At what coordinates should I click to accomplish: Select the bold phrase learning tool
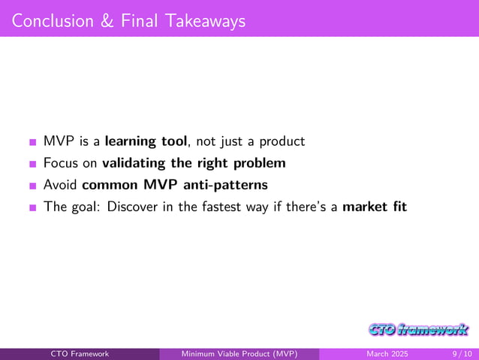(x=146, y=141)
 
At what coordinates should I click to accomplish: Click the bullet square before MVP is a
(x=32, y=142)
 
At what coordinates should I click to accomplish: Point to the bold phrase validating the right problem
(x=194, y=162)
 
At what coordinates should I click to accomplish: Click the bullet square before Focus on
(x=32, y=164)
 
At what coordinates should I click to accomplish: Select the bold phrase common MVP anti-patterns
(x=174, y=184)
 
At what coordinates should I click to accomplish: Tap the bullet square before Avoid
(x=32, y=186)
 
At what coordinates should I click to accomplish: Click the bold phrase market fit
(x=374, y=206)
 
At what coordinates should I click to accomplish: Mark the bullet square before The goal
(x=32, y=207)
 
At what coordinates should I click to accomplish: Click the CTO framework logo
(x=418, y=329)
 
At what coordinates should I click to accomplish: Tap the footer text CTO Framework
(x=80, y=354)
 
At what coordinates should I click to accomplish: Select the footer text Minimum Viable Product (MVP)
(x=240, y=354)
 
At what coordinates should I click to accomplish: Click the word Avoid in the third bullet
(x=61, y=184)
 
